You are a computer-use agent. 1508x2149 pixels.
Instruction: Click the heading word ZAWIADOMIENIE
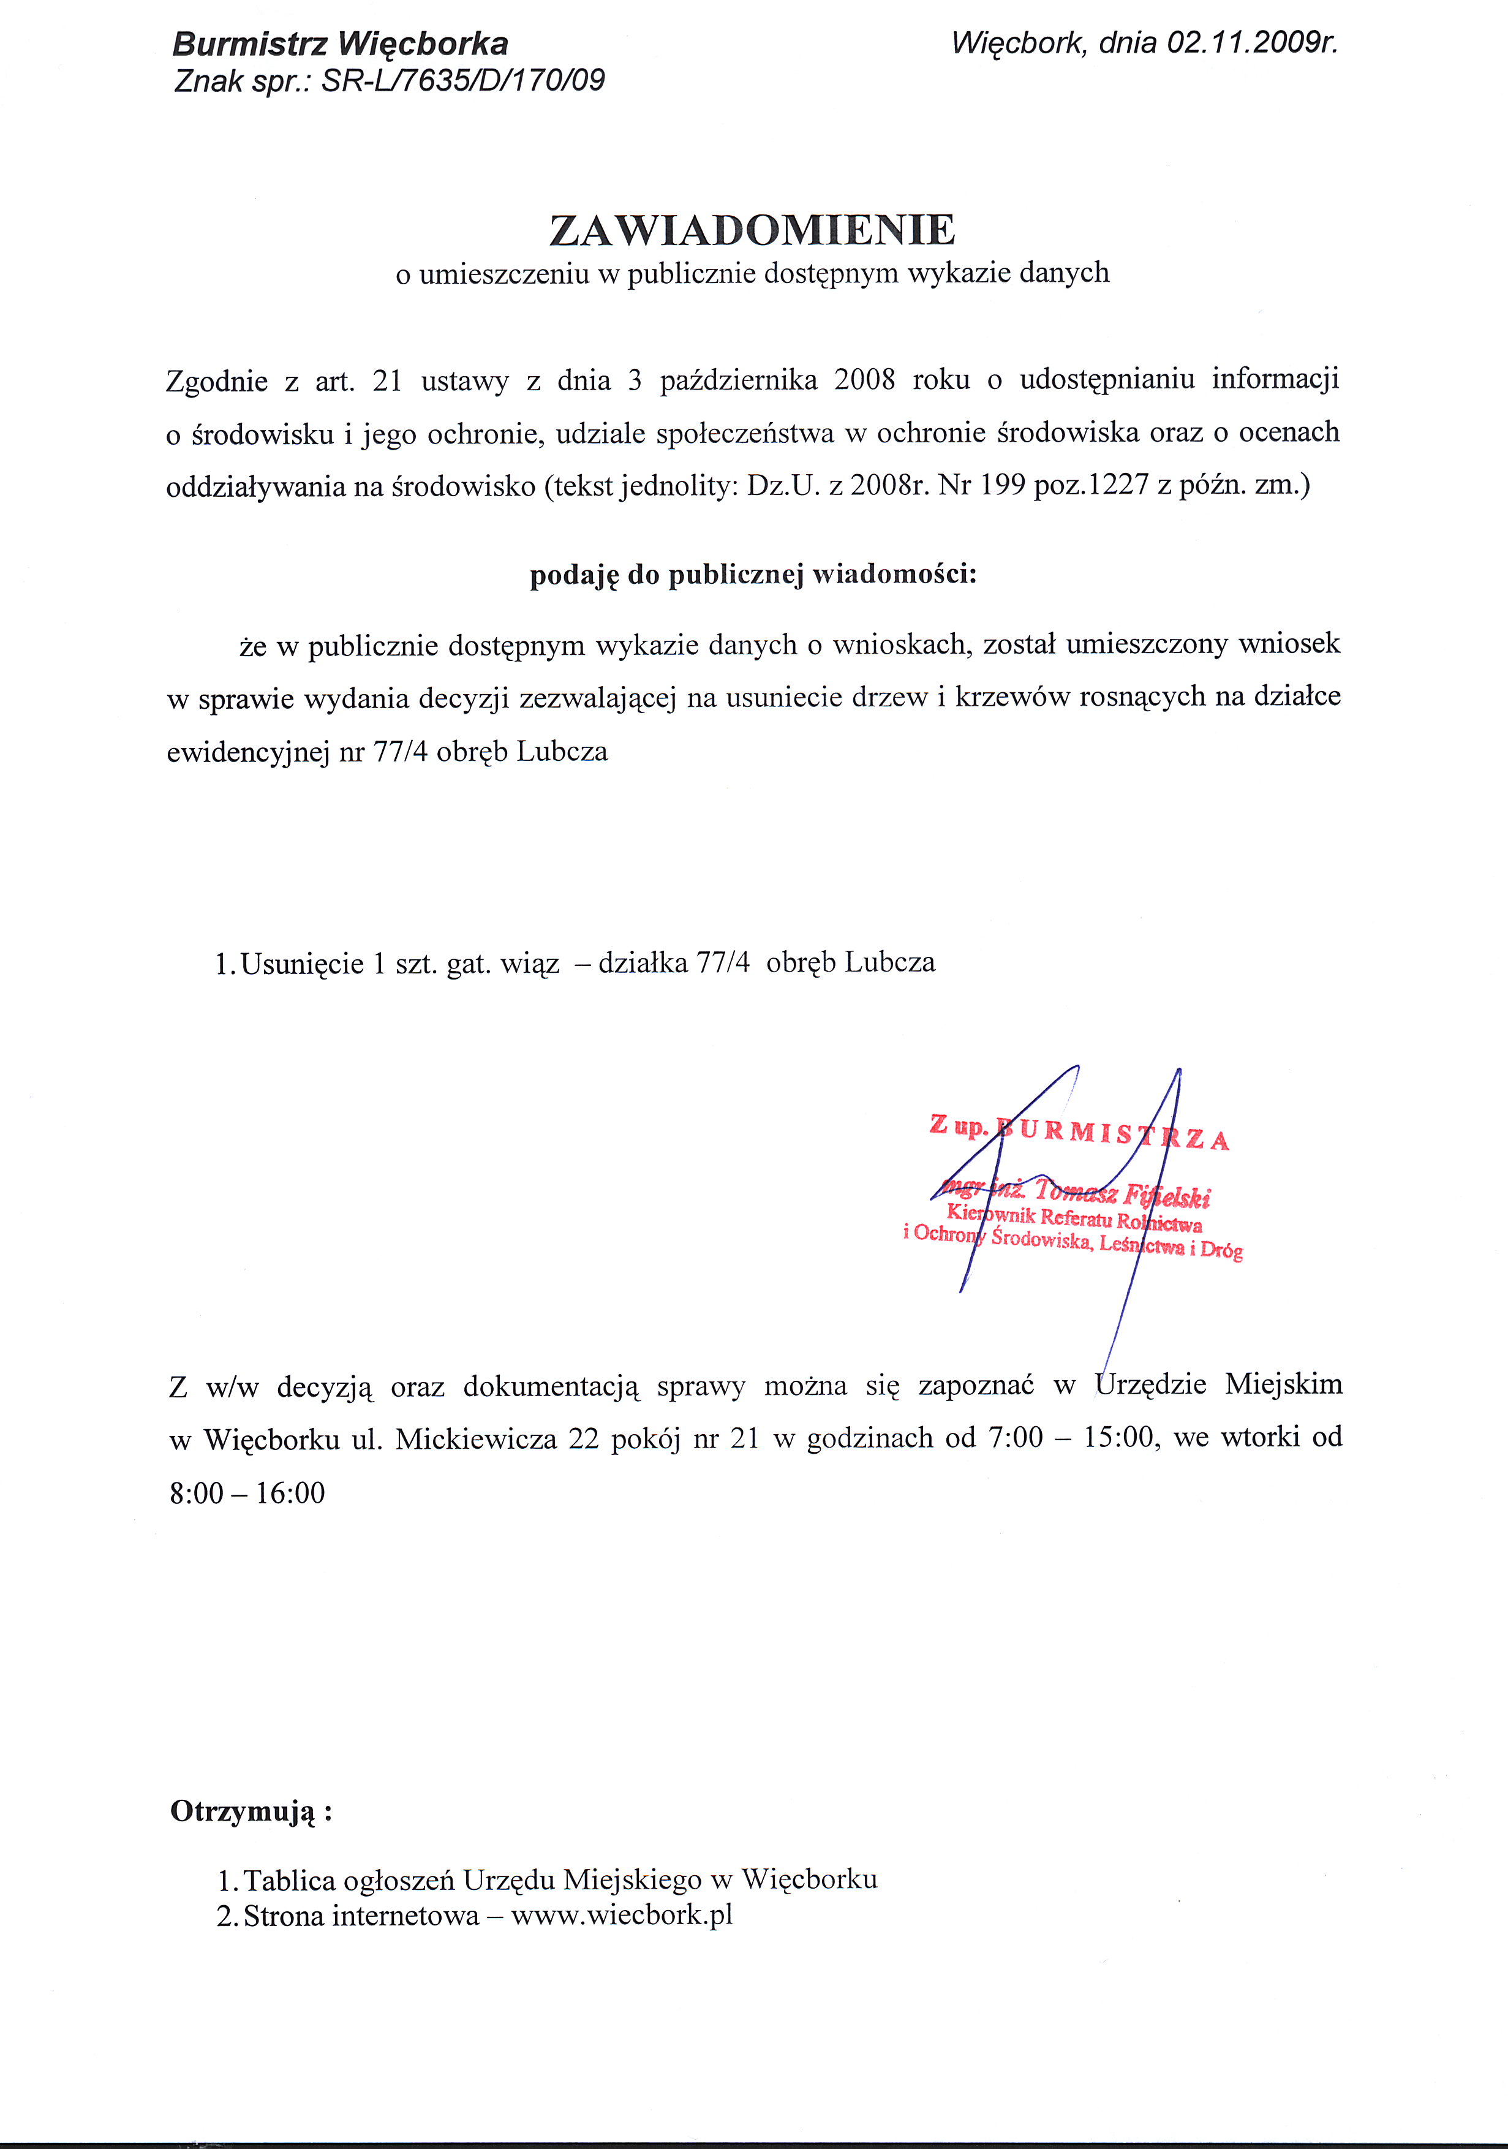[x=753, y=230]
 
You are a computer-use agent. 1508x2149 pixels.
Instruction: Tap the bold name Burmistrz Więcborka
[x=341, y=44]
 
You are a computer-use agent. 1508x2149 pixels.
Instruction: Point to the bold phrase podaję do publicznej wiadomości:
[x=753, y=574]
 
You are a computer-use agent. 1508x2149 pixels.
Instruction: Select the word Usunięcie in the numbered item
[x=303, y=963]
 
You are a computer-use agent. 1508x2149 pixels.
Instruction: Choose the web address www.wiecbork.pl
[x=622, y=1915]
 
